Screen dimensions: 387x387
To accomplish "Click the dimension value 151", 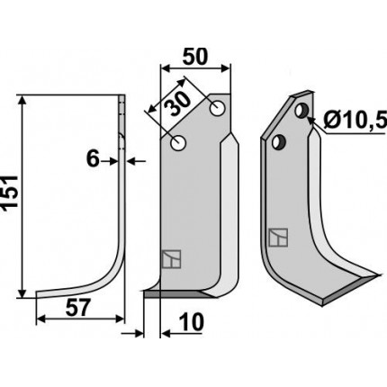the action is click(10, 193).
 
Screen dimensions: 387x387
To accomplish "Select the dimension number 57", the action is click(77, 308).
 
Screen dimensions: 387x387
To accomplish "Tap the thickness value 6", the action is click(93, 159).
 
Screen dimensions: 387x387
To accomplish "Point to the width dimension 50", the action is click(195, 57).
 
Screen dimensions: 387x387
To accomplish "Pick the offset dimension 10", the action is click(192, 322).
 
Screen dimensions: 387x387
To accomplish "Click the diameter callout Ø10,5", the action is click(355, 122).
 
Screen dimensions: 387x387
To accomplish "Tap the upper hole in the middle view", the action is click(217, 109).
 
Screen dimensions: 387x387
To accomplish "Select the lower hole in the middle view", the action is click(178, 143).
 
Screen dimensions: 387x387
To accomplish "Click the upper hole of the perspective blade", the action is click(301, 111).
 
